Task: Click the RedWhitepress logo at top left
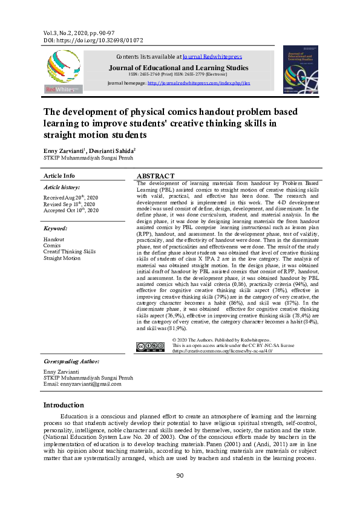(x=63, y=70)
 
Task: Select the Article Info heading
(x=59, y=175)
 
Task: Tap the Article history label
(x=62, y=188)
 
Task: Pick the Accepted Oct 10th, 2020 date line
(x=70, y=210)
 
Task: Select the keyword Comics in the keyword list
(x=52, y=245)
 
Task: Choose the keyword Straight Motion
(x=62, y=258)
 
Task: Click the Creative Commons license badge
(x=150, y=346)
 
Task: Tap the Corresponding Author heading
(x=71, y=361)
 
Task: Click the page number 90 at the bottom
(x=180, y=476)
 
